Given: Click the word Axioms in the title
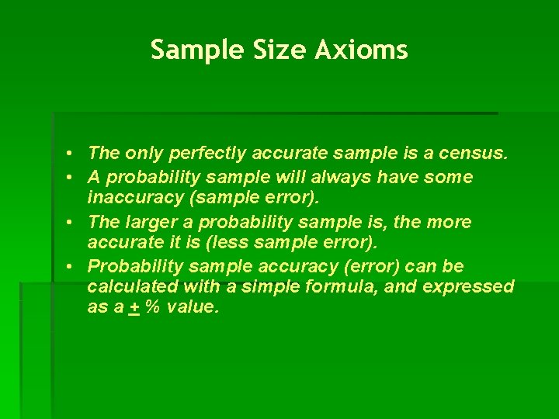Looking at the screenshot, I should click(361, 50).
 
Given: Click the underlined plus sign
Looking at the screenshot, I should click(134, 306).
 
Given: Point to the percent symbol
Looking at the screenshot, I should click(152, 306).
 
